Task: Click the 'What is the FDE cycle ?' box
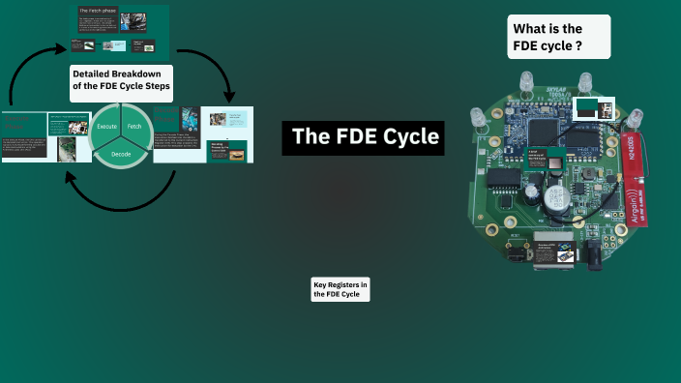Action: coord(558,37)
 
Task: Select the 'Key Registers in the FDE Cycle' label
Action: coord(340,289)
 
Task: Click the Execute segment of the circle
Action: coord(106,128)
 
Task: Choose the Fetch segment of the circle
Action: coord(135,128)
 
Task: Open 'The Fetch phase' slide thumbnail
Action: coord(121,32)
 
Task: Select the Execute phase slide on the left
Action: coord(44,136)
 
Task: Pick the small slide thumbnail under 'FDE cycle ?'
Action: coord(586,107)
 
